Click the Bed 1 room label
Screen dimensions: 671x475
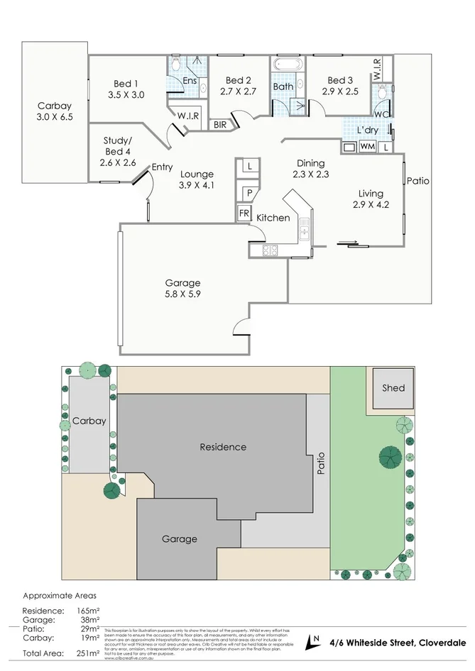click(126, 84)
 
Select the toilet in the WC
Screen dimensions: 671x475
click(383, 93)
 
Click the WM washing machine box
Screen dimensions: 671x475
click(367, 147)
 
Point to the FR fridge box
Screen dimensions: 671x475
click(244, 213)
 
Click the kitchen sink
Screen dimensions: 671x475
click(303, 228)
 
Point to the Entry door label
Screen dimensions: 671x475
click(162, 167)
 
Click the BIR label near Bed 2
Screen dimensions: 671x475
click(221, 125)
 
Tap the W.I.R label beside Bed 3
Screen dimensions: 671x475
click(376, 69)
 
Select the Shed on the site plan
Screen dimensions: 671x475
click(393, 388)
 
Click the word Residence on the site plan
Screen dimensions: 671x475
click(223, 447)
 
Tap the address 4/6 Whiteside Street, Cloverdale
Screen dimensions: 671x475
click(398, 643)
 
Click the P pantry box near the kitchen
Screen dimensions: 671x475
click(250, 192)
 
